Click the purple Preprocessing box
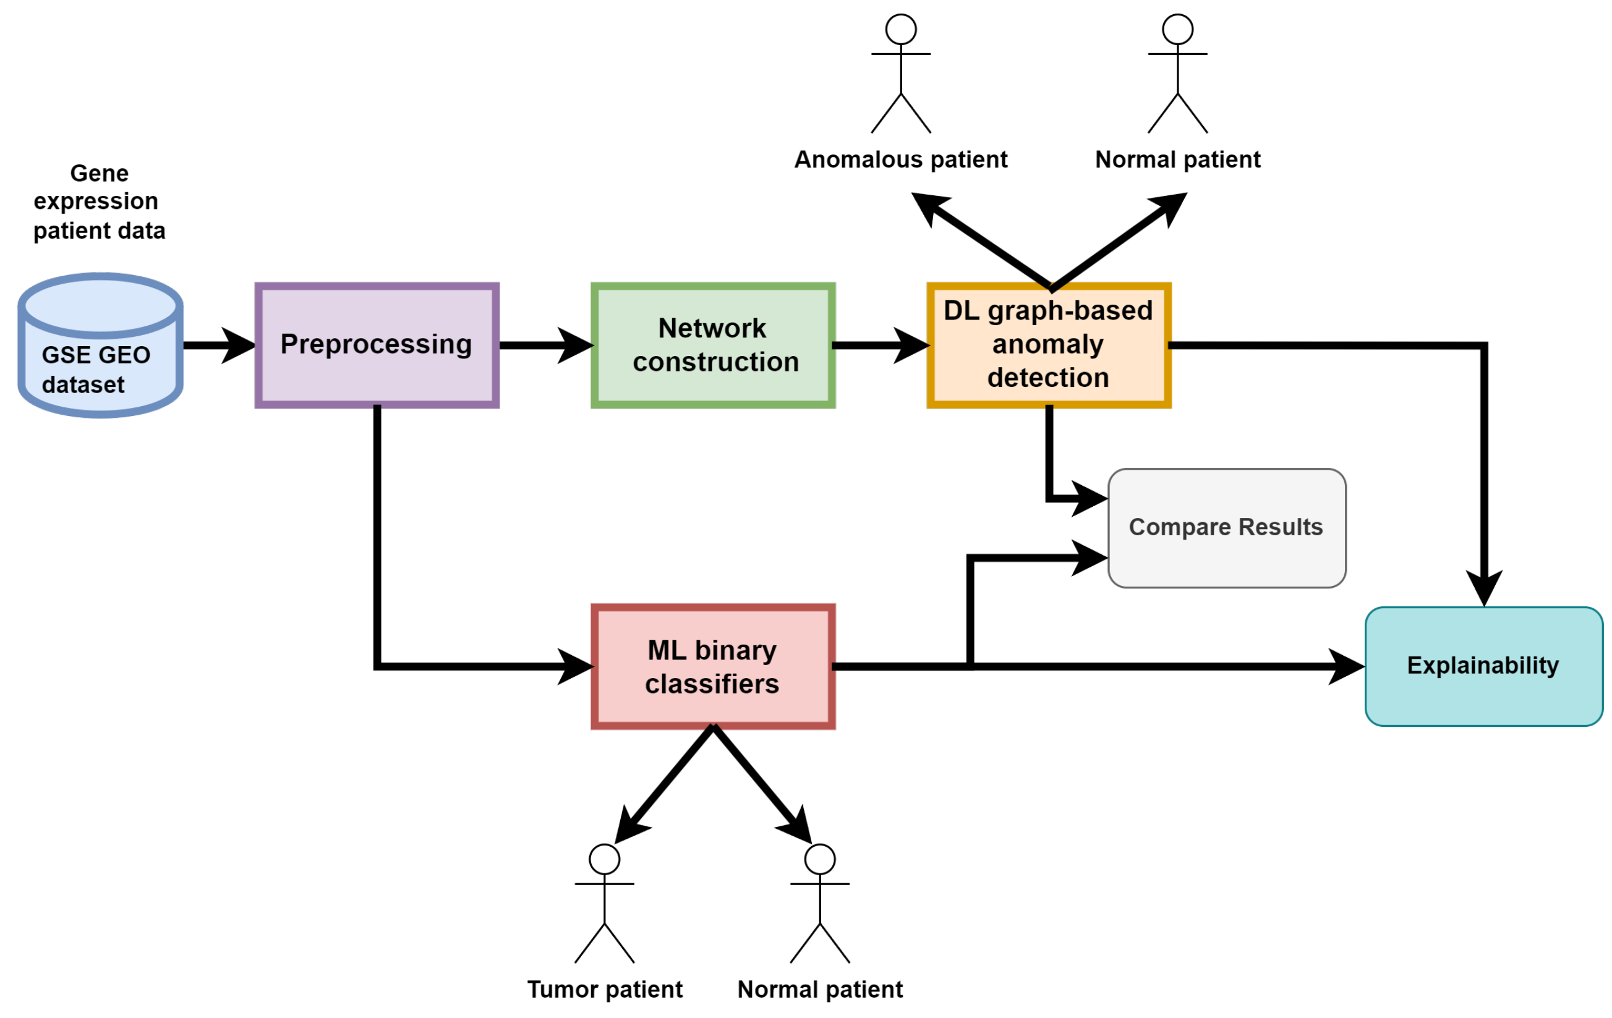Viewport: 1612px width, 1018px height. coord(377,346)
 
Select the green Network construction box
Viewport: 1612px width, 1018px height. coord(713,346)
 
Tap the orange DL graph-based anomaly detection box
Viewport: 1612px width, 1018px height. coord(1048,346)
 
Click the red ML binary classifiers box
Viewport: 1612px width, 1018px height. coord(713,667)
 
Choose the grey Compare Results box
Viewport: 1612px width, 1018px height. coord(1226,528)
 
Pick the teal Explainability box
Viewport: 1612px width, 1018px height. coord(1483,667)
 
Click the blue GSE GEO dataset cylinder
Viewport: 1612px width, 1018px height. coord(100,346)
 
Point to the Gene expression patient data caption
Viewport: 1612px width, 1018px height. coord(99,201)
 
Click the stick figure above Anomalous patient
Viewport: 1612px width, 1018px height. coord(901,74)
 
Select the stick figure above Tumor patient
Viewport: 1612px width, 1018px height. coord(605,904)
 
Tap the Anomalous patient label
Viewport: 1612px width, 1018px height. coord(900,159)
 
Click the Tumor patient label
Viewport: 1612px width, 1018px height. coord(605,989)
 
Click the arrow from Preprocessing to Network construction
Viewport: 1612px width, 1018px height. coord(545,346)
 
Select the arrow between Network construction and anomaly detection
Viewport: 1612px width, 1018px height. coord(881,346)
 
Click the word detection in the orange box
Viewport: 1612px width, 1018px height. coord(1048,378)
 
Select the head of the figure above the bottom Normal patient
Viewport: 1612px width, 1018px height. coord(820,859)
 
